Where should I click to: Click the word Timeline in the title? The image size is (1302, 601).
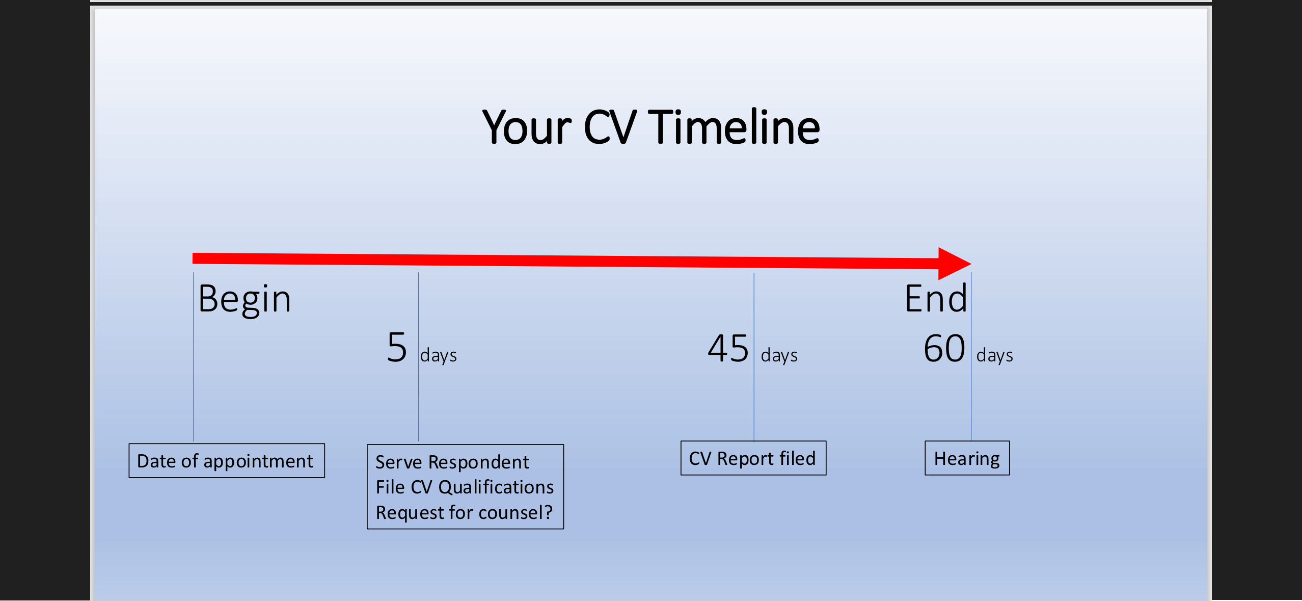[734, 127]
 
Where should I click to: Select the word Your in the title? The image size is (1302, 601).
[527, 127]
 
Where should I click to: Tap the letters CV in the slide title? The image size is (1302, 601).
[610, 127]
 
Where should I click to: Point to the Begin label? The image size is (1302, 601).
[245, 300]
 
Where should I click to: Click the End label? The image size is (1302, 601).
[936, 299]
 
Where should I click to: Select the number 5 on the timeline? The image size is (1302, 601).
[397, 348]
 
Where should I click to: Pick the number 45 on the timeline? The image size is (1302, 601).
[728, 349]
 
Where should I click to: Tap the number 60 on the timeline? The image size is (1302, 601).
[944, 349]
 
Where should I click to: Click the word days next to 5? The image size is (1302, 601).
[438, 355]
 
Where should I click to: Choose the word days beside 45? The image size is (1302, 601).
[779, 355]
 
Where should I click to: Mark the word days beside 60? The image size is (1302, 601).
[994, 355]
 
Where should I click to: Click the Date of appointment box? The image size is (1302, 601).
[227, 461]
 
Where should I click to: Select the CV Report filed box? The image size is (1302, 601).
[753, 458]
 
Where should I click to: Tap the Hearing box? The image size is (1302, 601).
[967, 458]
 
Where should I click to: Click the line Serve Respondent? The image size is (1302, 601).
[452, 462]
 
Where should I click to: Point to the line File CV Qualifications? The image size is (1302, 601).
[465, 487]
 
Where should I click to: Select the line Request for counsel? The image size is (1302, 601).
[464, 513]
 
